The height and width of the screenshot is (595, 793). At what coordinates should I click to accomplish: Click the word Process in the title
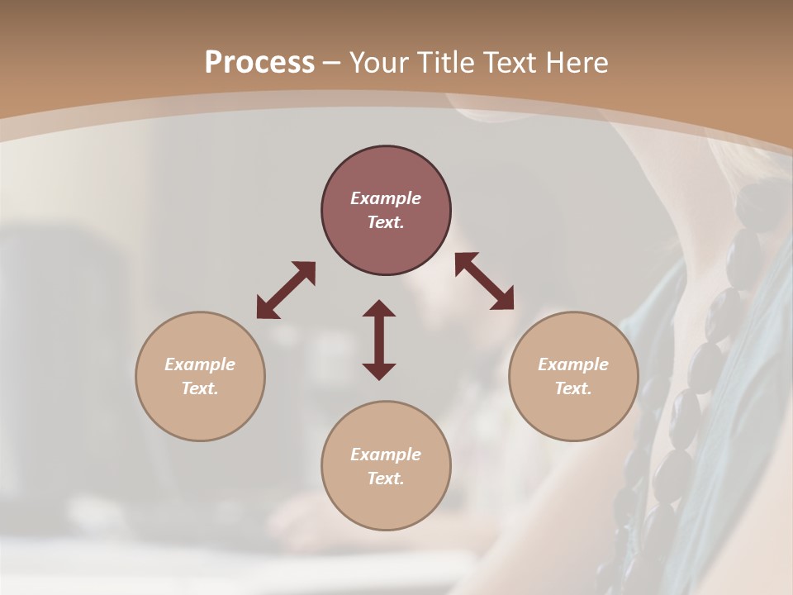[259, 63]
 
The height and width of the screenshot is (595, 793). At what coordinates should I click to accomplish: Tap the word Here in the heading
[577, 63]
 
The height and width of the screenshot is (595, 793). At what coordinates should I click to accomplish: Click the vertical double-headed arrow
[379, 340]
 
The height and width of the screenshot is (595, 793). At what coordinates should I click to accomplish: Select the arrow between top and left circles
[286, 290]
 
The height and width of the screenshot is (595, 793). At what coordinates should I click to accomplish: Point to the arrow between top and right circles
[484, 281]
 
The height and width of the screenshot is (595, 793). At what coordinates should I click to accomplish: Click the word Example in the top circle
[386, 198]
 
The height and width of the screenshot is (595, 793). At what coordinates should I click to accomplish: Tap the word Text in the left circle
[200, 388]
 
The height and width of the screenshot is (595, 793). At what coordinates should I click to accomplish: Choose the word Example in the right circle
[573, 364]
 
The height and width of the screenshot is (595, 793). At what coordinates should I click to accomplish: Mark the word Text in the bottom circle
[386, 478]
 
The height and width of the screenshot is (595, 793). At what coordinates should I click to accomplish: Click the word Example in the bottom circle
[386, 455]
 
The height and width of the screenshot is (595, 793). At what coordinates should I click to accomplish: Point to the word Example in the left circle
[200, 364]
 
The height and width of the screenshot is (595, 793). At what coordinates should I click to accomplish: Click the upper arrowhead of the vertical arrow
[379, 308]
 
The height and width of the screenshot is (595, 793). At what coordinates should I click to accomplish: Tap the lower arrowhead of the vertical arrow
[379, 371]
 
